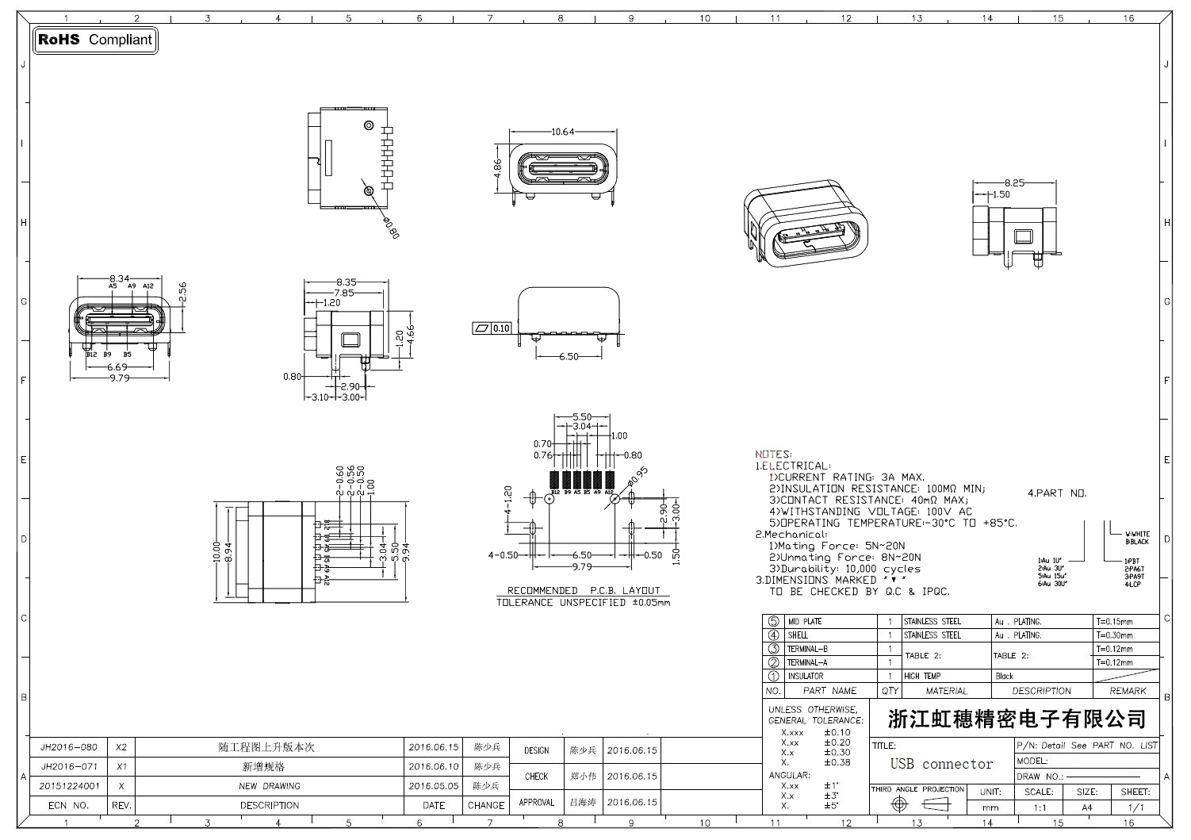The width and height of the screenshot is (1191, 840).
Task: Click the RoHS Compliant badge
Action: (95, 40)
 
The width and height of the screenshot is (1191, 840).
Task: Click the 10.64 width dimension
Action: (562, 132)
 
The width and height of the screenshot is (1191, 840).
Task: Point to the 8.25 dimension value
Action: (1014, 182)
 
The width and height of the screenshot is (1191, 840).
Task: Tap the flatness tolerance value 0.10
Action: (501, 328)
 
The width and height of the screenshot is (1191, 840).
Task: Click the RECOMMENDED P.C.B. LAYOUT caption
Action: (584, 590)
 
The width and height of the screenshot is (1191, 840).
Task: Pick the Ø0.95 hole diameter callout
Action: (638, 474)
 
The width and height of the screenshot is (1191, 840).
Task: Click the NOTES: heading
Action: (773, 455)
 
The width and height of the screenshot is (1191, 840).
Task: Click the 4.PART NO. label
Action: (1057, 493)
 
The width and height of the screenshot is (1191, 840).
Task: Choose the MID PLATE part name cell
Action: (805, 622)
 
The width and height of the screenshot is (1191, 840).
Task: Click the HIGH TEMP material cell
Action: (922, 677)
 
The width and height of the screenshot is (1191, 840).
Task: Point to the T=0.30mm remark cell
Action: (1114, 635)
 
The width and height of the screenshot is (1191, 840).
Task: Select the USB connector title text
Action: (941, 764)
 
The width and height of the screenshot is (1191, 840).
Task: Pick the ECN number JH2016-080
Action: (69, 747)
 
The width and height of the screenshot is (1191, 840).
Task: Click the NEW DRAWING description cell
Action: (270, 786)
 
